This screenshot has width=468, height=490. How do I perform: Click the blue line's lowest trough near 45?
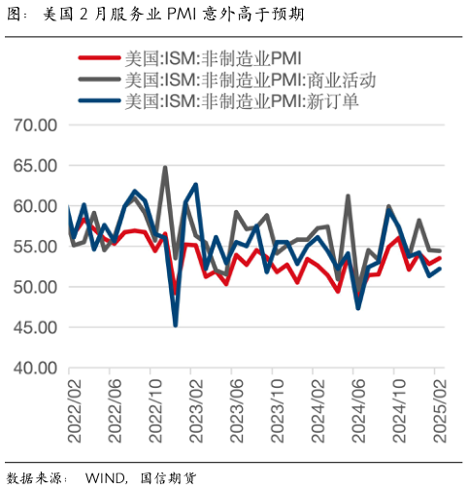point(176,325)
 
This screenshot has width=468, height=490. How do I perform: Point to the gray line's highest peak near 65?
point(164,167)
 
